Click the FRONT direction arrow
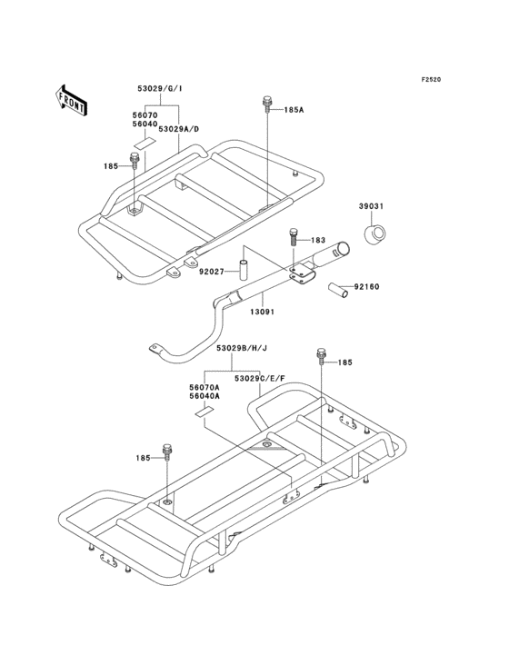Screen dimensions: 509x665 [x=71, y=101]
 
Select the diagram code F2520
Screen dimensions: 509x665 [x=431, y=79]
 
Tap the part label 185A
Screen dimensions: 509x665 [x=294, y=110]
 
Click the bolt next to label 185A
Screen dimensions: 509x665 [x=267, y=104]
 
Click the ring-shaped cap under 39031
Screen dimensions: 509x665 [x=375, y=234]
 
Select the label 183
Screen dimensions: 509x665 [x=318, y=241]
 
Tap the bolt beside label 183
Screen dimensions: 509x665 [x=294, y=237]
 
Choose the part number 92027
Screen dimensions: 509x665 [x=211, y=271]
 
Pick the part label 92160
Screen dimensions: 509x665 [x=367, y=287]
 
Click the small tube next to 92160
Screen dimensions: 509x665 [x=339, y=290]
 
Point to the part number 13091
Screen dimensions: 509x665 [x=262, y=313]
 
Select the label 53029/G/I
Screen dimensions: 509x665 [x=159, y=89]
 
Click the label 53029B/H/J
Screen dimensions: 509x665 [x=242, y=348]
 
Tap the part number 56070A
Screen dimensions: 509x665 [x=204, y=387]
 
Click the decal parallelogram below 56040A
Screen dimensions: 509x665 [x=205, y=411]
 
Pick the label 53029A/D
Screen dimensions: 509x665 [x=178, y=128]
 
